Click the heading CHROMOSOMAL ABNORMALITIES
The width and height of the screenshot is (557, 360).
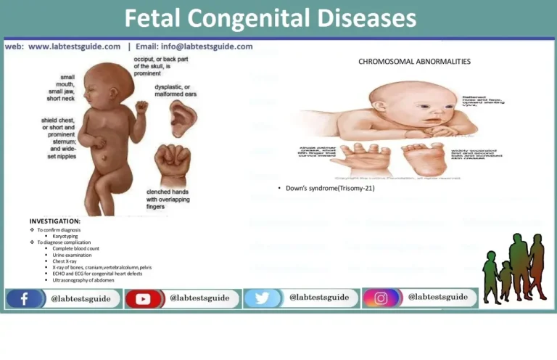(414, 62)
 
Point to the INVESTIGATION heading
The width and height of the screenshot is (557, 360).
(55, 221)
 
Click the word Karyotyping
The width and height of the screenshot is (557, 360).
(67, 236)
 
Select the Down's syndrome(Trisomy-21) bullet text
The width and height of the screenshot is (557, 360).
(320, 188)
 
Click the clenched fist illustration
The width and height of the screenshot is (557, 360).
(172, 164)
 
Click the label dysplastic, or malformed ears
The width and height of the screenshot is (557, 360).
(176, 90)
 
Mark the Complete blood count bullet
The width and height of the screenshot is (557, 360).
(76, 248)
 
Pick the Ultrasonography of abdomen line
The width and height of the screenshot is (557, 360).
(83, 279)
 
